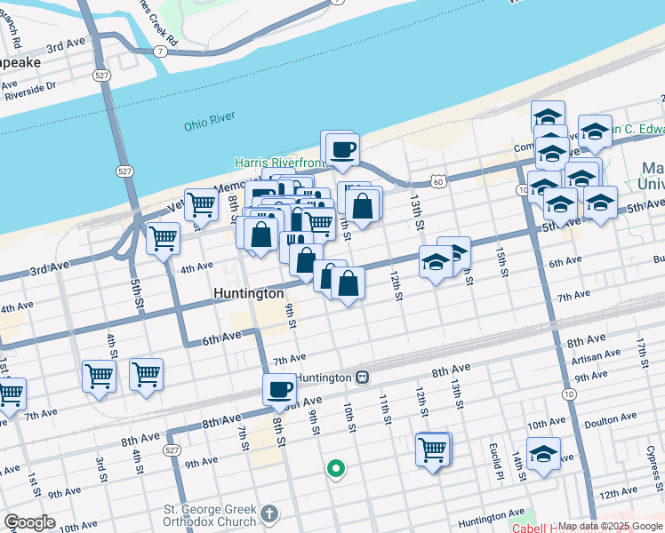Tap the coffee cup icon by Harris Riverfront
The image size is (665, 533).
point(342,149)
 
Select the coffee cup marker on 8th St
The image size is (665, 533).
point(280,389)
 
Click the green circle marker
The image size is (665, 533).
point(335,468)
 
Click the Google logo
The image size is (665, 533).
point(29,522)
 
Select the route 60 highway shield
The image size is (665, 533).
point(437,181)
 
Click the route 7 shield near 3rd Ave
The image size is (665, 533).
point(158,52)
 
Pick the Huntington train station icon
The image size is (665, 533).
point(362,377)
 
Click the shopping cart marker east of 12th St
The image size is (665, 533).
point(433,449)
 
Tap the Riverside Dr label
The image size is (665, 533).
point(29,87)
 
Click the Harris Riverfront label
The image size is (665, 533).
point(277,163)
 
